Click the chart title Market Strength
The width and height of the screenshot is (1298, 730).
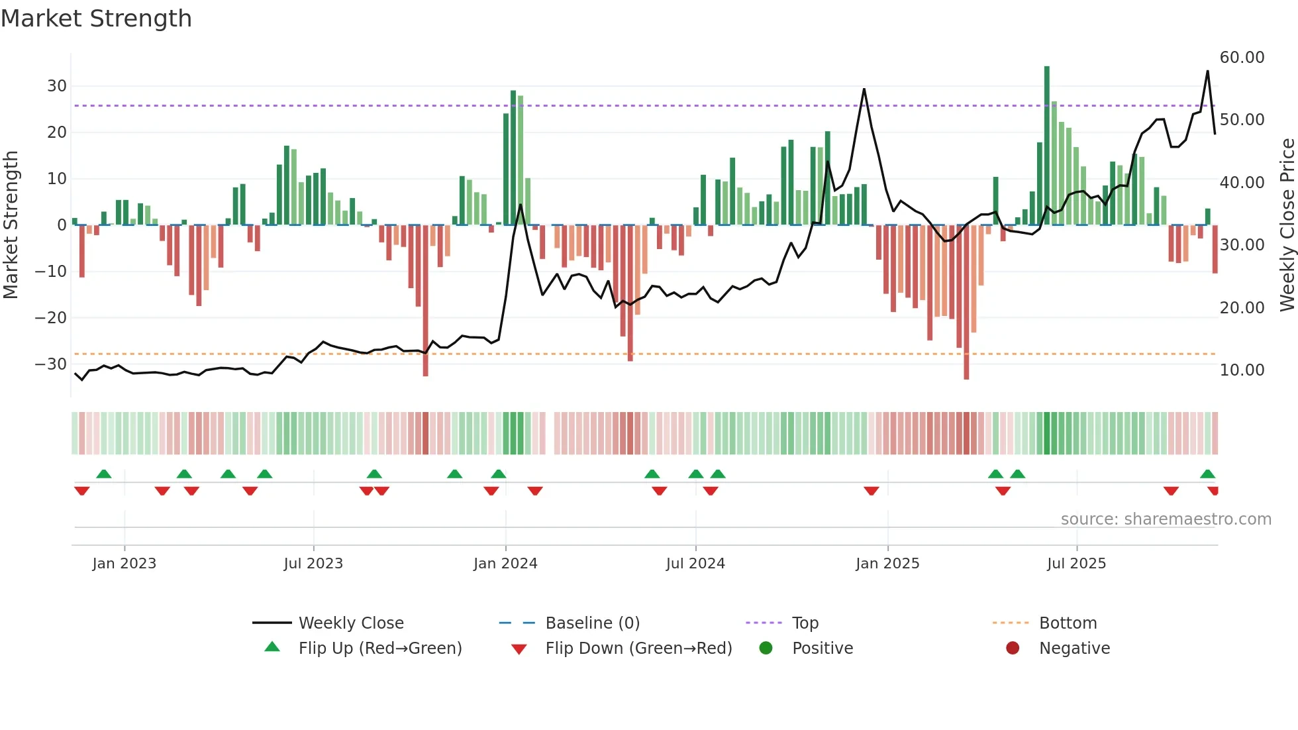click(96, 19)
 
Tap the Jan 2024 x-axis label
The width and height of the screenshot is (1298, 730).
click(505, 564)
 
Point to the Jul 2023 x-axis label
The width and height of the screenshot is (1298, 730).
click(313, 564)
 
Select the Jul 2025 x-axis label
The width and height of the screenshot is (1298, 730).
click(1076, 564)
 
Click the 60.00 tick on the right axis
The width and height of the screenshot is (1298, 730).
click(1242, 58)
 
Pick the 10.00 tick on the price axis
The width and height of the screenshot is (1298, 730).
click(1242, 370)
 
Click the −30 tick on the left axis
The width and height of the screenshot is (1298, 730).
click(51, 364)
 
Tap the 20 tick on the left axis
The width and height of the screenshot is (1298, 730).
click(56, 132)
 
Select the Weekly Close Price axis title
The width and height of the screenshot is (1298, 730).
click(1287, 225)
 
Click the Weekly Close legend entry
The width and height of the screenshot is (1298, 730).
click(350, 623)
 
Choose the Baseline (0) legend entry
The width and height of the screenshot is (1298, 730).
click(592, 623)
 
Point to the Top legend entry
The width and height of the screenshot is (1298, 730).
click(805, 623)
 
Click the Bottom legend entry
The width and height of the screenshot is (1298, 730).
click(1068, 623)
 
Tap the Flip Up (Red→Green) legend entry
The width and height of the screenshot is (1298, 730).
click(379, 649)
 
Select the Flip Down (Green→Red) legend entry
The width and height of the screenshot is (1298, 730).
click(638, 649)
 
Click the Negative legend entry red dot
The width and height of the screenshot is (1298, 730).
click(1013, 649)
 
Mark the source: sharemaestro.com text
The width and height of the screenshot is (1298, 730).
click(1166, 519)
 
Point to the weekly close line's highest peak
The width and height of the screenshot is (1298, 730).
click(1207, 72)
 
